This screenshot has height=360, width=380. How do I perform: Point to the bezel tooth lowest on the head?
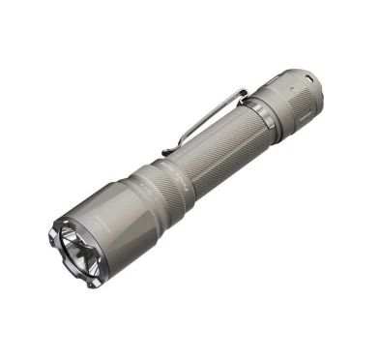tap(91, 284)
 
